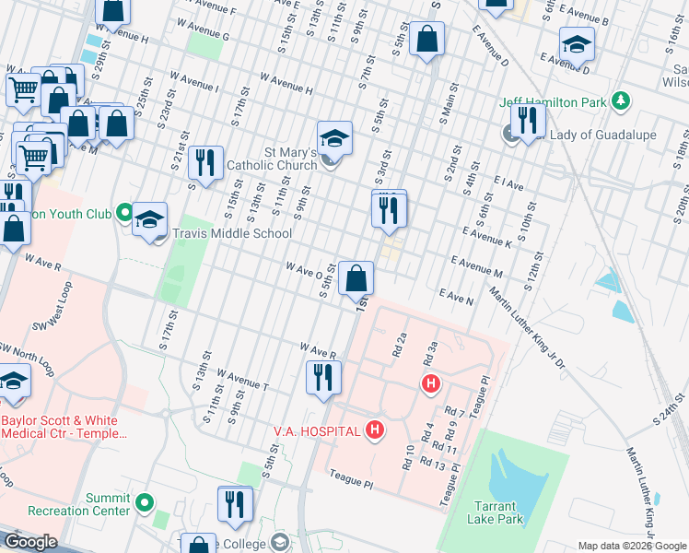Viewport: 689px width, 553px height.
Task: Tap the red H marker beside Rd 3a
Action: [x=428, y=382]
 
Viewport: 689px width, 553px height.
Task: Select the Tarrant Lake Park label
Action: [x=498, y=512]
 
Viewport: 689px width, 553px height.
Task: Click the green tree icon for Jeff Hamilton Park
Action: [x=622, y=100]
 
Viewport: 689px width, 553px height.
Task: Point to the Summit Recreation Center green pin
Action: [x=144, y=503]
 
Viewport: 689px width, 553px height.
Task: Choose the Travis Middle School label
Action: [x=232, y=234]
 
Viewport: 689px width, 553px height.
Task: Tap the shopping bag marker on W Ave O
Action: [x=356, y=277]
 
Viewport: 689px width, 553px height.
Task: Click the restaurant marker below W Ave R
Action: [x=322, y=377]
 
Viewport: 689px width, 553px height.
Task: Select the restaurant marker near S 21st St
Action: [x=205, y=163]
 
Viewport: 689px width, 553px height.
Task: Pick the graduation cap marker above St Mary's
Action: [x=335, y=138]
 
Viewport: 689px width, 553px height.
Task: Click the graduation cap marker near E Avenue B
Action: [x=577, y=43]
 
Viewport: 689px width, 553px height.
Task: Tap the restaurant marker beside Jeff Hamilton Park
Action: [x=528, y=121]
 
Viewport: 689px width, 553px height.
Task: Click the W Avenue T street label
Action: [x=241, y=379]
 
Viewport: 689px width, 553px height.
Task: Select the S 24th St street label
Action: [x=668, y=407]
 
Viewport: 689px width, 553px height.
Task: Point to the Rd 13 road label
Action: [x=433, y=466]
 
